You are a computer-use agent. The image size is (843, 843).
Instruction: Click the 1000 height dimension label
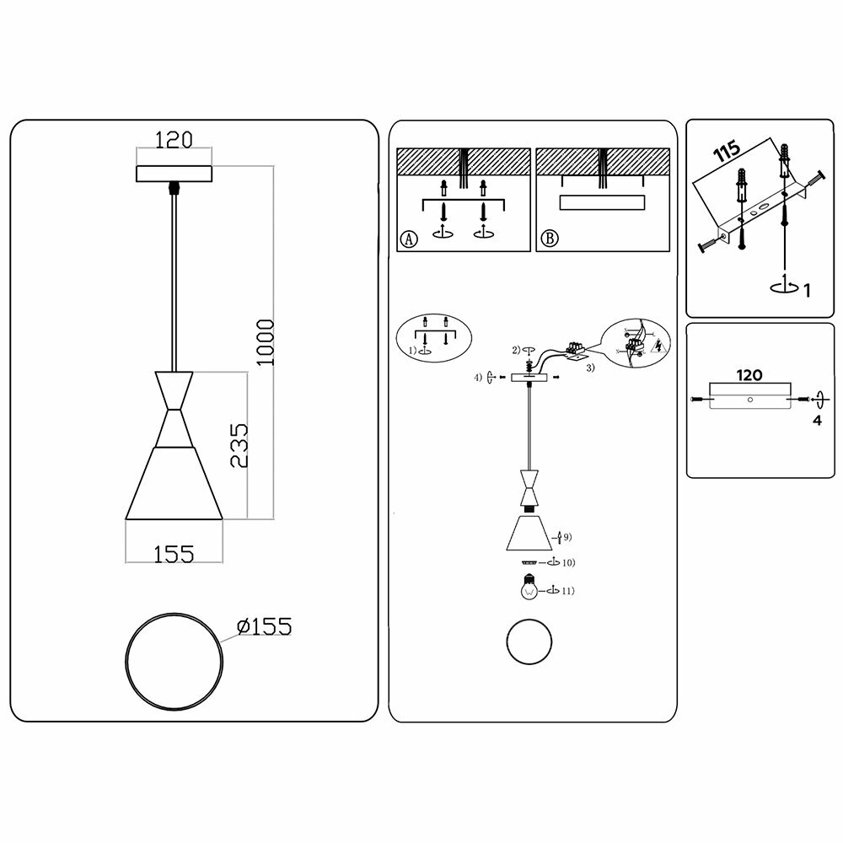[265, 342]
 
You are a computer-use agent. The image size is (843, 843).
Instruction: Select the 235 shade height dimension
[239, 444]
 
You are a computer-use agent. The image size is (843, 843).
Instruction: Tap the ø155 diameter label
[264, 626]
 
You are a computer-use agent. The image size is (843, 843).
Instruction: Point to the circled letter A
[409, 239]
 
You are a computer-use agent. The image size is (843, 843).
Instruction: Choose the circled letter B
[549, 239]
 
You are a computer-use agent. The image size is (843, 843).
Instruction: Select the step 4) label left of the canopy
[478, 378]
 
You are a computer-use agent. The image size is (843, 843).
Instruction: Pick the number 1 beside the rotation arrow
[807, 291]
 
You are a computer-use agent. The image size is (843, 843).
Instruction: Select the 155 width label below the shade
[174, 553]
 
